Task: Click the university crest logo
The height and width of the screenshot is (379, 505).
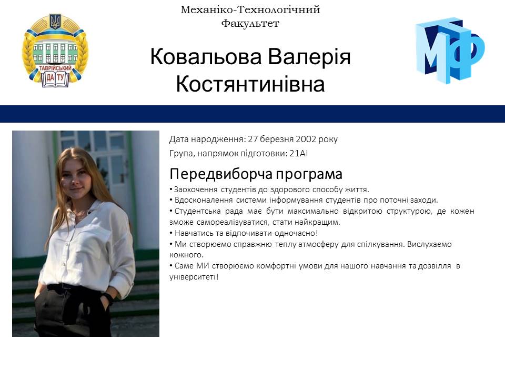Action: tap(55, 51)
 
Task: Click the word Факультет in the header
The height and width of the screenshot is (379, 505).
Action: tap(250, 23)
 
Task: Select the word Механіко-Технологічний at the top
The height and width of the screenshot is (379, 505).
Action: tap(250, 9)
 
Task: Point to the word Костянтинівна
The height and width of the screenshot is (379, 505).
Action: tap(250, 84)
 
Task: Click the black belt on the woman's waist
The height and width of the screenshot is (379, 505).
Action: tap(68, 287)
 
